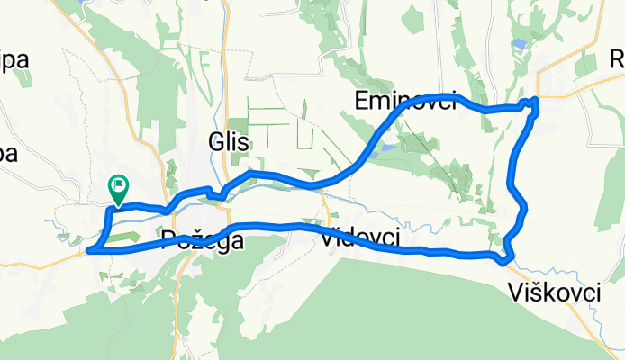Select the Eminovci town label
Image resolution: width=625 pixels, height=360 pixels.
[x=405, y=98]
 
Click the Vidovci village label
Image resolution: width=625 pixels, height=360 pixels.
[x=360, y=238]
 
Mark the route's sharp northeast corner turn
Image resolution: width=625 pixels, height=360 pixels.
[x=536, y=100]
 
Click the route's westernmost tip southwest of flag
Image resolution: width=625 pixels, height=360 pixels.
[x=88, y=250]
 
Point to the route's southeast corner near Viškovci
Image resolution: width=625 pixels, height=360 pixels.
[x=505, y=260]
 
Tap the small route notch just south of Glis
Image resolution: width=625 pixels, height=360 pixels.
[x=214, y=193]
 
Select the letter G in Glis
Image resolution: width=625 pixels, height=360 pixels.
[x=214, y=141]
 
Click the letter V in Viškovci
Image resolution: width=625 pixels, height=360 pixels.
[x=514, y=292]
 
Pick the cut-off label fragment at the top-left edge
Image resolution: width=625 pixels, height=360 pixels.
[x=14, y=60]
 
